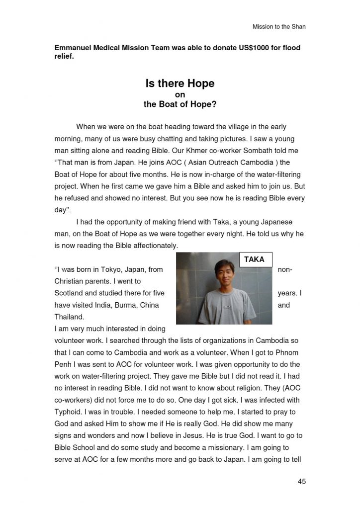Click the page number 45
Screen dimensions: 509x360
coord(301,481)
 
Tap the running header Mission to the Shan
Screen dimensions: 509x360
coord(279,26)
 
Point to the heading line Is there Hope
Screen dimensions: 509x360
coord(180,84)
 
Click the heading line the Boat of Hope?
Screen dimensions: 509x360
coord(180,104)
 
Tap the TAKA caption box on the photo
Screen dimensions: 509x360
coord(255,259)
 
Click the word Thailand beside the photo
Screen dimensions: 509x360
coord(69,317)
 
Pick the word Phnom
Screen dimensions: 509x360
coord(289,352)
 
